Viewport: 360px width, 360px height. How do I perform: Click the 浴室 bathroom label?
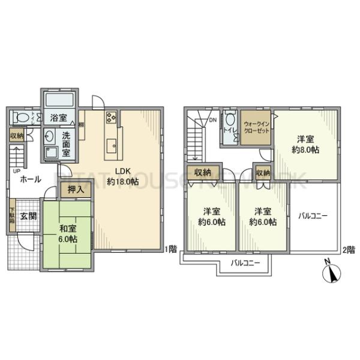58,118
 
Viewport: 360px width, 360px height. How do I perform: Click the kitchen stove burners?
111,116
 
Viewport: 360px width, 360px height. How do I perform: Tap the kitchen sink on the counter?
111,144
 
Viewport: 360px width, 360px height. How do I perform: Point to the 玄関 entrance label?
27,216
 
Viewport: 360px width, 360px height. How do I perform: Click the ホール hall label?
30,179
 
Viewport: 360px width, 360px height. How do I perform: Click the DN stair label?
211,120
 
